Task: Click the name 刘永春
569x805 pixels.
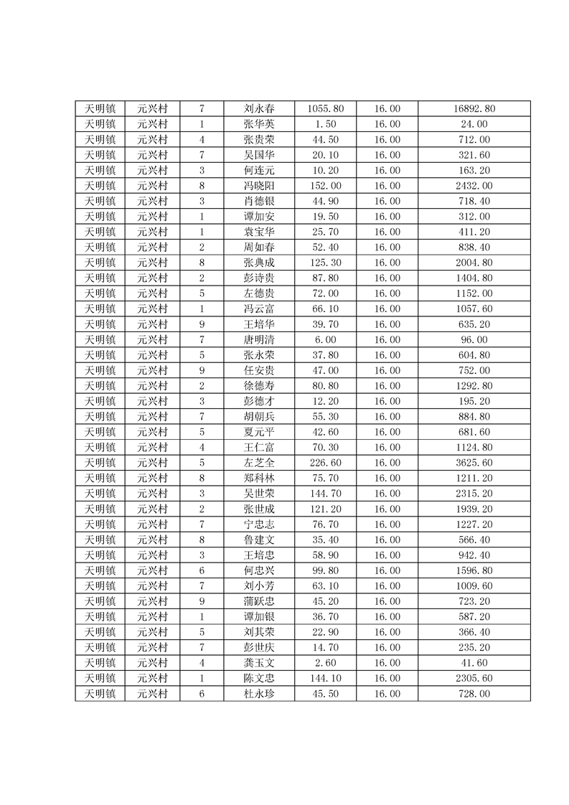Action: [x=258, y=109]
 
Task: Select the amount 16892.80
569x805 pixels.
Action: [x=474, y=109]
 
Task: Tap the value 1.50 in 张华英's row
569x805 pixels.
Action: [x=326, y=124]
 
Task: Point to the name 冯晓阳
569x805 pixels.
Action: [x=258, y=186]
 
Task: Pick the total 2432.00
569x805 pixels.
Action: [x=474, y=186]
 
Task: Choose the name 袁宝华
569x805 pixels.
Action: [x=258, y=232]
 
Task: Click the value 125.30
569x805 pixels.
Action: [x=326, y=263]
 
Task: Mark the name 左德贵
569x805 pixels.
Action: [x=258, y=293]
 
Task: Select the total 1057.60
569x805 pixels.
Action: [x=474, y=309]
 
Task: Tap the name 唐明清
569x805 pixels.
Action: [x=258, y=339]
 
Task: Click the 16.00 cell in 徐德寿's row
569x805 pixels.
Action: [x=387, y=385]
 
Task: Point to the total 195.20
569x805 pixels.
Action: [x=474, y=401]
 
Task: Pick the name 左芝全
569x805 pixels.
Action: [x=258, y=463]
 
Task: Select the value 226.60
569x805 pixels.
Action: [x=326, y=463]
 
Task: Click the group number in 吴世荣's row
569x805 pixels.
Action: [x=202, y=494]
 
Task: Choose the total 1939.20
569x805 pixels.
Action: [x=474, y=509]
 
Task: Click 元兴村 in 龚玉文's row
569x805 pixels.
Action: [x=152, y=663]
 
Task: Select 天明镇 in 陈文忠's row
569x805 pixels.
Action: [x=100, y=678]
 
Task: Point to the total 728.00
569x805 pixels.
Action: [x=474, y=694]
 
